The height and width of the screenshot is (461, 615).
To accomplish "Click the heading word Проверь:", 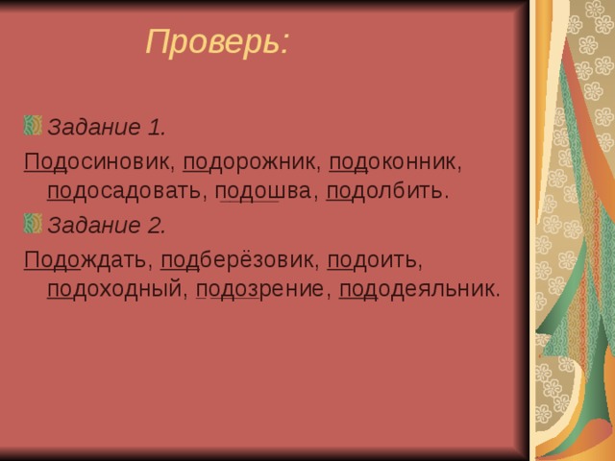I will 216,42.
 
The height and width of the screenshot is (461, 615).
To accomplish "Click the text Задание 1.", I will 107,127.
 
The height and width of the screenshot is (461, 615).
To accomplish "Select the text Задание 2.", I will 107,226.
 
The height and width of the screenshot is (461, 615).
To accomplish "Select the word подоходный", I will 114,289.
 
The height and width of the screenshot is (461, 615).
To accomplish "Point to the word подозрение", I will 259,289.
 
